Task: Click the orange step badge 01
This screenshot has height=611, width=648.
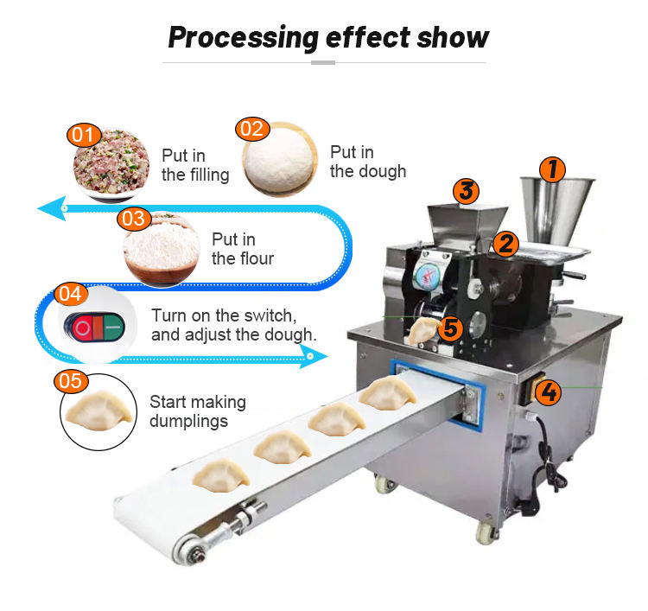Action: [83, 136]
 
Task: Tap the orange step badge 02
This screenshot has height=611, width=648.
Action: [251, 130]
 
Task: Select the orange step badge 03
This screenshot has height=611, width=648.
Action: [133, 219]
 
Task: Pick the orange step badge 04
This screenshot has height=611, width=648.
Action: [71, 294]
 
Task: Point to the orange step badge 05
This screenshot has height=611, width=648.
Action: [71, 381]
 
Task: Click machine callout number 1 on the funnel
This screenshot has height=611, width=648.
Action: [553, 168]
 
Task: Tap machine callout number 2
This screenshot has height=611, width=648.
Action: [505, 243]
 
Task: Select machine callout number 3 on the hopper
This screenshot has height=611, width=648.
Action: [466, 190]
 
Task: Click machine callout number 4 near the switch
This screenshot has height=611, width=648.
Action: [547, 393]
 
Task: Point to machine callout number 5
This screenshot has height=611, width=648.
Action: [449, 328]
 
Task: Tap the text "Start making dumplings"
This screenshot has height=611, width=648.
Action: [197, 411]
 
